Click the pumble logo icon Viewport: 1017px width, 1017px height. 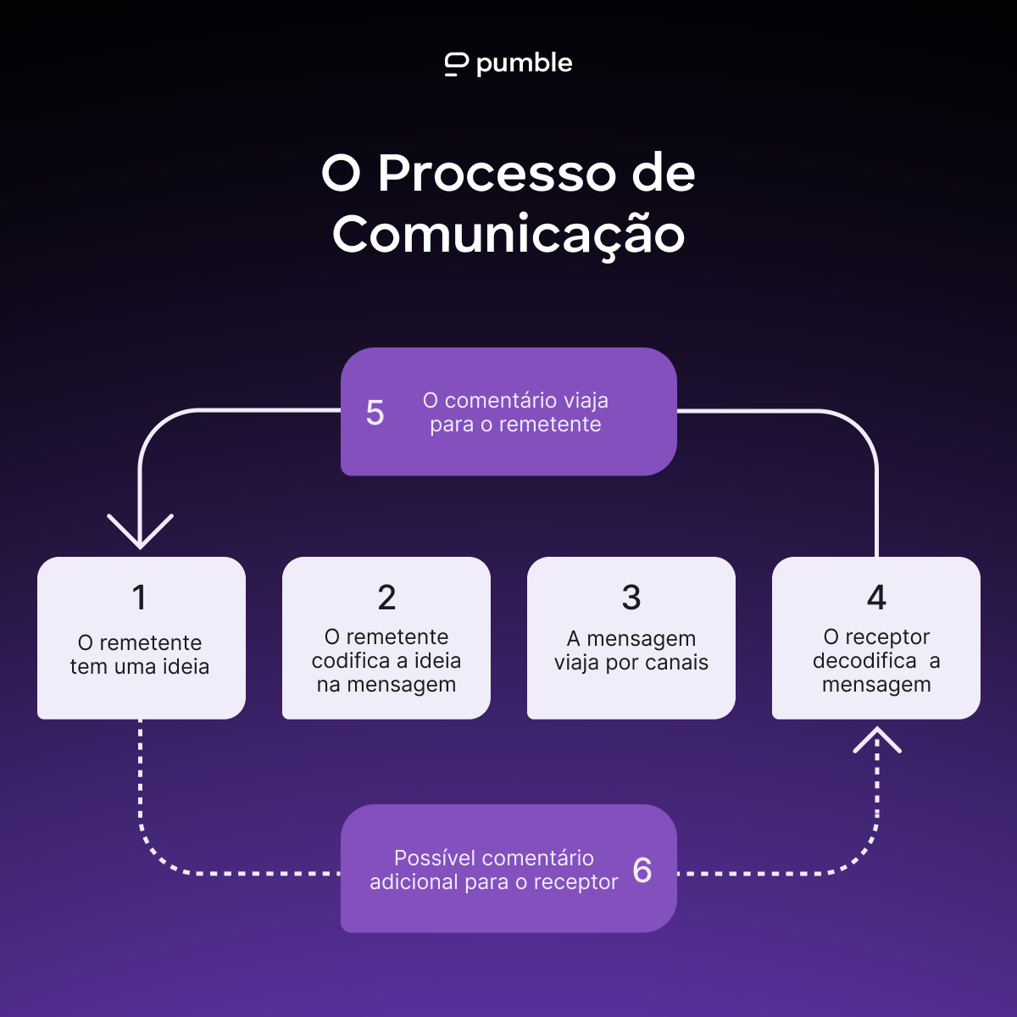point(456,64)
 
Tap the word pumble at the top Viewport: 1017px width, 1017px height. point(524,64)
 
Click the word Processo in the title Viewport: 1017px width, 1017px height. point(497,174)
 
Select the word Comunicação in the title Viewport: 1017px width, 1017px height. point(508,235)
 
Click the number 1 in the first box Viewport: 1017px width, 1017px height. point(140,598)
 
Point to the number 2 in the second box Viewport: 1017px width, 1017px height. point(386,598)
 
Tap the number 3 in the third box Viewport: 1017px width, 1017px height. point(631,598)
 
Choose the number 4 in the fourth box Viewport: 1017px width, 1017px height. point(876,598)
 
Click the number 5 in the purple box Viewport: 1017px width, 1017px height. point(375,414)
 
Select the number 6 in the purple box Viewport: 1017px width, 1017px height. point(642,870)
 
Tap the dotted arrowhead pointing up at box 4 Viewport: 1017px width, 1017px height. point(877,740)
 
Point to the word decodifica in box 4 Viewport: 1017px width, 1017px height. point(864,661)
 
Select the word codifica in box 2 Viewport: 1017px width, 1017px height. point(351,661)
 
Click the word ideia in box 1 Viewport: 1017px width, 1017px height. point(186,667)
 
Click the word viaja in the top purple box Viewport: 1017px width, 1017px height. point(584,401)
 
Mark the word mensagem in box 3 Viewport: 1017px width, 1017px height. point(642,639)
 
